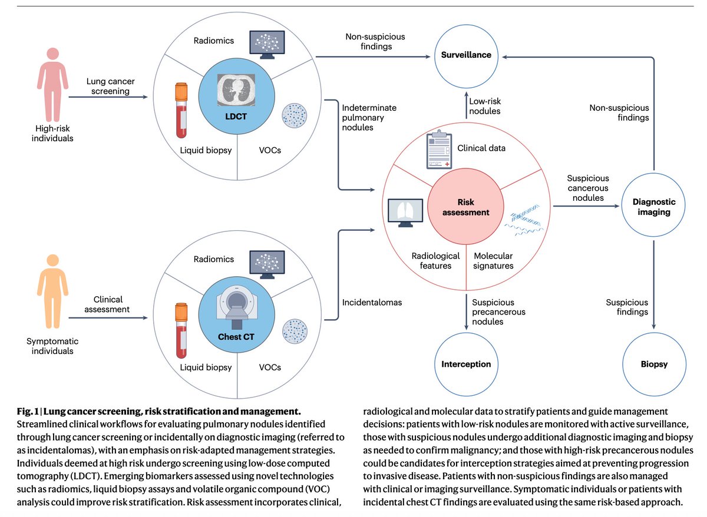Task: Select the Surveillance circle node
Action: (x=466, y=56)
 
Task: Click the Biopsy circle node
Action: (x=653, y=364)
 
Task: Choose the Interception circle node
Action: (x=466, y=364)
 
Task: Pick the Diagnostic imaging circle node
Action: (x=653, y=207)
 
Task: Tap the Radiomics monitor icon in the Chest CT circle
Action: (x=266, y=264)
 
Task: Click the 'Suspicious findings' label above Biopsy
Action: (x=627, y=307)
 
